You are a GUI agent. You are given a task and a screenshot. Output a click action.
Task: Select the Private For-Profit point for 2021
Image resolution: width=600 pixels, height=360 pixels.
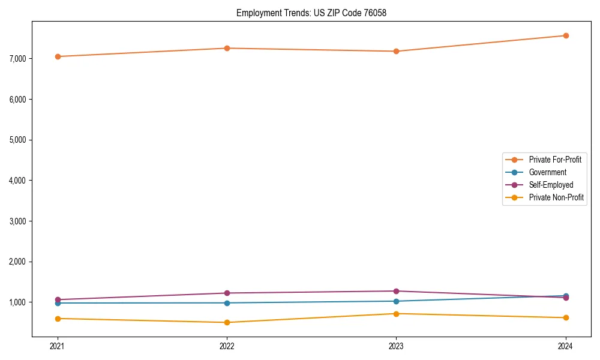58,56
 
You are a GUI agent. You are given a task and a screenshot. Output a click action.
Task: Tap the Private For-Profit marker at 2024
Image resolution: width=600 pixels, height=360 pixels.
566,35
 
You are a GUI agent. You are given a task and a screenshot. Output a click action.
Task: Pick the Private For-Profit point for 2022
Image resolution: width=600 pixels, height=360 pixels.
227,48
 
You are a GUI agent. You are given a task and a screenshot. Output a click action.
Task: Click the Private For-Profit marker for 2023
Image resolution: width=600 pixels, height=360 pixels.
396,51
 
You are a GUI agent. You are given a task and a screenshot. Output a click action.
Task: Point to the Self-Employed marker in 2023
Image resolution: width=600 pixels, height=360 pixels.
396,291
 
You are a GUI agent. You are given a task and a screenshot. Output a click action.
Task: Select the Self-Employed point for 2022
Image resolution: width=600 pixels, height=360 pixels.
227,293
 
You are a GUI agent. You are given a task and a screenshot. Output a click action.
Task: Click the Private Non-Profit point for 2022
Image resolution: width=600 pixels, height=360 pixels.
227,322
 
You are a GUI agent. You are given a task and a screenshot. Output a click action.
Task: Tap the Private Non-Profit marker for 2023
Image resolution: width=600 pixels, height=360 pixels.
396,313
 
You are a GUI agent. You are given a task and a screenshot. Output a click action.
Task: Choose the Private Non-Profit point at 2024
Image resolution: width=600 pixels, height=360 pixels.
566,317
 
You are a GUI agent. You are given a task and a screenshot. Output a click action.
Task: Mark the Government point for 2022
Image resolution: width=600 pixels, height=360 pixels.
227,302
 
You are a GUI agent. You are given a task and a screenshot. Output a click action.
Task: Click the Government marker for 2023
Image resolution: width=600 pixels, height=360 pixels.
396,301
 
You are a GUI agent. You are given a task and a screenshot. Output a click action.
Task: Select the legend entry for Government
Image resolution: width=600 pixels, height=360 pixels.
547,172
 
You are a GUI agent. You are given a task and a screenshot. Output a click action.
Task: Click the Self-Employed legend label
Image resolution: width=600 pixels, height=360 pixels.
551,185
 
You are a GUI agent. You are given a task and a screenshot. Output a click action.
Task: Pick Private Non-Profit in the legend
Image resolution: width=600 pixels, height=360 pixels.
556,197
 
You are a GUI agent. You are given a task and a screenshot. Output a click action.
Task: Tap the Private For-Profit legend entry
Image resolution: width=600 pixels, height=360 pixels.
555,160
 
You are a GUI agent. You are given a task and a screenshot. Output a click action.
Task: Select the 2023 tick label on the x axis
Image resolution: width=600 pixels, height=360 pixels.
396,346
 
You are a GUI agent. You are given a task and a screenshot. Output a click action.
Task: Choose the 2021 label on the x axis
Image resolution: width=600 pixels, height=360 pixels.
58,346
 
